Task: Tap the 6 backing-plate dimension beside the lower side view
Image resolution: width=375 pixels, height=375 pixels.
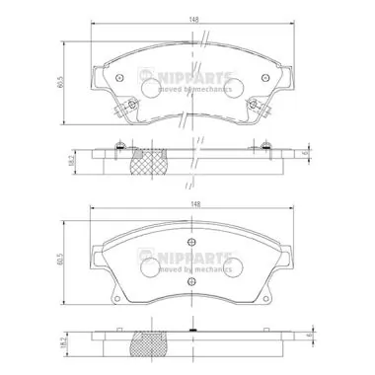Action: [309, 337]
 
